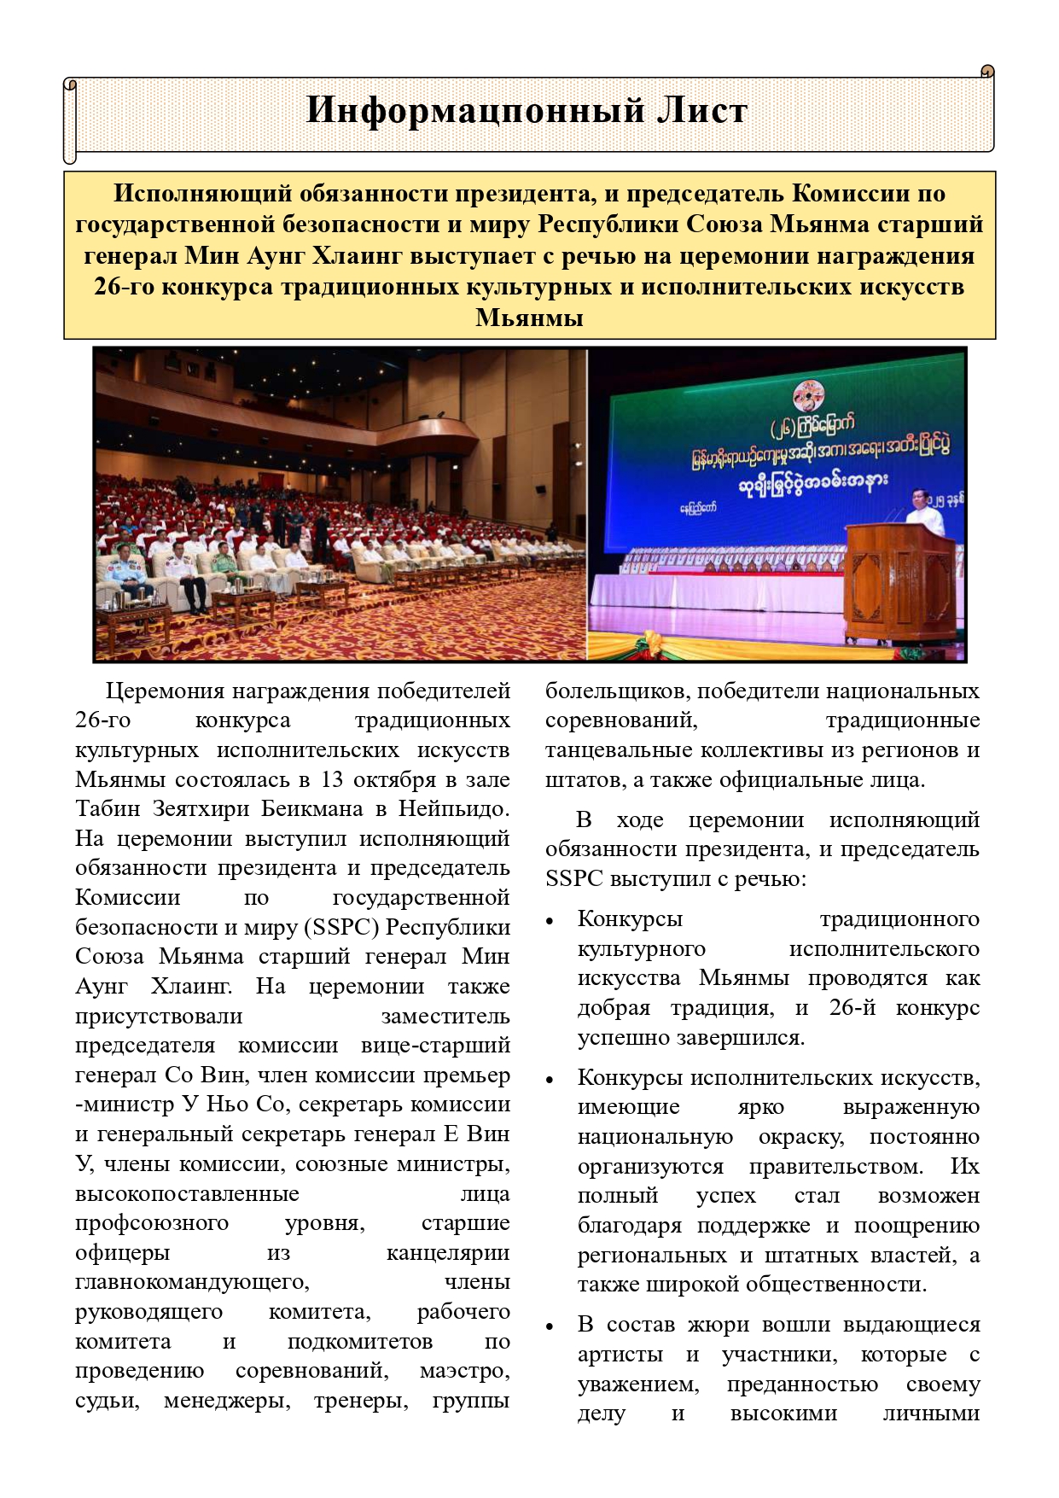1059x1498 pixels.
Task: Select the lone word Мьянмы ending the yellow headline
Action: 529,318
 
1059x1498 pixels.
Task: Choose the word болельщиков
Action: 616,691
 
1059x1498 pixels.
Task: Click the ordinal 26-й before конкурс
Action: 852,1008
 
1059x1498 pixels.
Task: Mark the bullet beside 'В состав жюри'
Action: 550,1326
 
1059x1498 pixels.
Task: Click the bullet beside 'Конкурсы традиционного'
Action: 550,921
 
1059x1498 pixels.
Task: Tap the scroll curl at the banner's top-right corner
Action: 986,73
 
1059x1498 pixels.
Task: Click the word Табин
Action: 107,808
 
